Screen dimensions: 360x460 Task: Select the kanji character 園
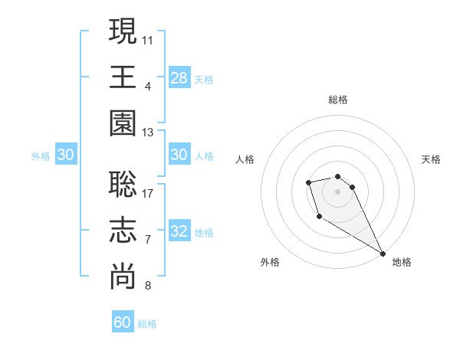coord(123,124)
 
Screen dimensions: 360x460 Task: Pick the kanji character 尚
coord(123,278)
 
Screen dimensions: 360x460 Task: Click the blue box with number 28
coord(179,78)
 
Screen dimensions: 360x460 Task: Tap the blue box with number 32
coord(179,232)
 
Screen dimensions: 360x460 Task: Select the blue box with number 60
coord(123,322)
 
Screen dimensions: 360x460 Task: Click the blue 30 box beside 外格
coord(66,155)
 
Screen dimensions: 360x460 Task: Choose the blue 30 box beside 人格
coord(179,155)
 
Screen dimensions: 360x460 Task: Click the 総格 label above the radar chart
coord(337,100)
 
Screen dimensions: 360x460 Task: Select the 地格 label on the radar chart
coord(402,262)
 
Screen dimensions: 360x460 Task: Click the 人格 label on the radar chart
coord(245,159)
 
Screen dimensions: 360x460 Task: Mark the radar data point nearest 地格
coord(383,254)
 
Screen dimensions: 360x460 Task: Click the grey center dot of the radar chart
coord(337,191)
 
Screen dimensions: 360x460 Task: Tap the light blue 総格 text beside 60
coord(147,324)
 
